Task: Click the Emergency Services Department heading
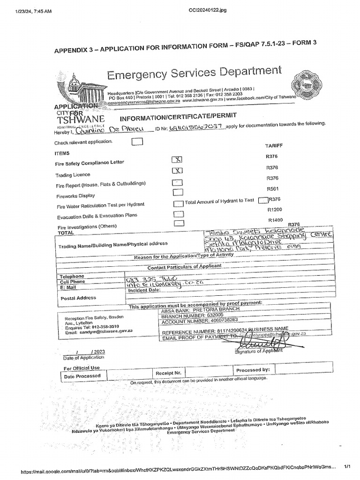pos(195,73)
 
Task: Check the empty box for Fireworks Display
pos(178,192)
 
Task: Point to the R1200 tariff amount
pos(275,210)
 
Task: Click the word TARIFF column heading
pos(274,146)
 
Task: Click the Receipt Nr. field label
pos(168,373)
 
